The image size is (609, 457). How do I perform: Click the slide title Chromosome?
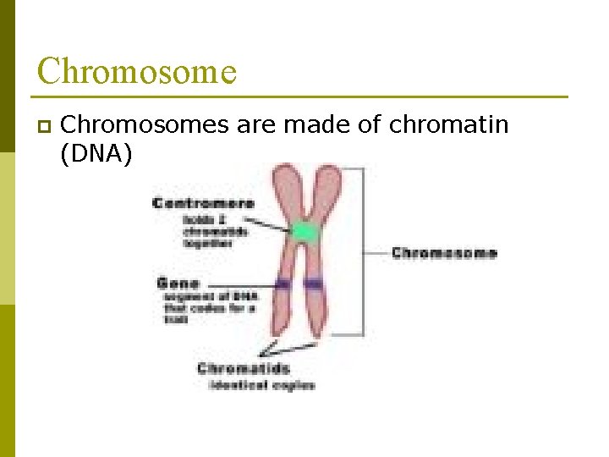coord(136,71)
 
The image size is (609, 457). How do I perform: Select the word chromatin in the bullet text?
coord(448,124)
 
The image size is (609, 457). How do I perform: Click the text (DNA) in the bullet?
coord(96,154)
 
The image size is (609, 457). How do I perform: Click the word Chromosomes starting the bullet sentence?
coord(145,124)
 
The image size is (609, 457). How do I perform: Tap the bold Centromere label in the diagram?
coord(203,203)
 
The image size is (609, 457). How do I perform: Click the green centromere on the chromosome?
coord(304,231)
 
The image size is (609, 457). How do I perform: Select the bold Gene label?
coord(178,283)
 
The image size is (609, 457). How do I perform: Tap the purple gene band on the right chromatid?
coord(315,284)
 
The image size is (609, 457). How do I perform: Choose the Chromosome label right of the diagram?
coord(444,252)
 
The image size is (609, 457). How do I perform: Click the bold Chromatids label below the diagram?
coord(243,368)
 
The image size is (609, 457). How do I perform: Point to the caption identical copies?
coord(261,385)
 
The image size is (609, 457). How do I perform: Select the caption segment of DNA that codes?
coord(210,302)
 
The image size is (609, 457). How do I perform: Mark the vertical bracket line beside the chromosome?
coord(365,251)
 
